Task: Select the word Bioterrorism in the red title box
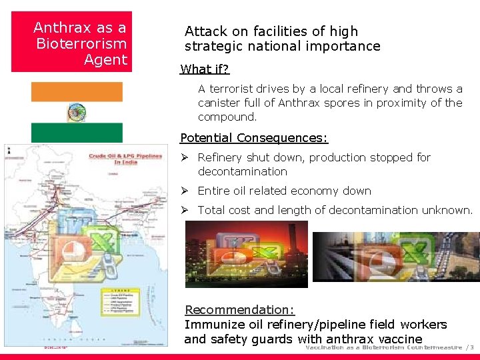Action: pos(81,44)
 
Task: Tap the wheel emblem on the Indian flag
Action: pos(77,112)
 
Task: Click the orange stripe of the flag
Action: pos(77,92)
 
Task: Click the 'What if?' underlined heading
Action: pos(205,69)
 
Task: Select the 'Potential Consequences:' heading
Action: pos(254,138)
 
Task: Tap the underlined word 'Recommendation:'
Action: pos(239,310)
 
